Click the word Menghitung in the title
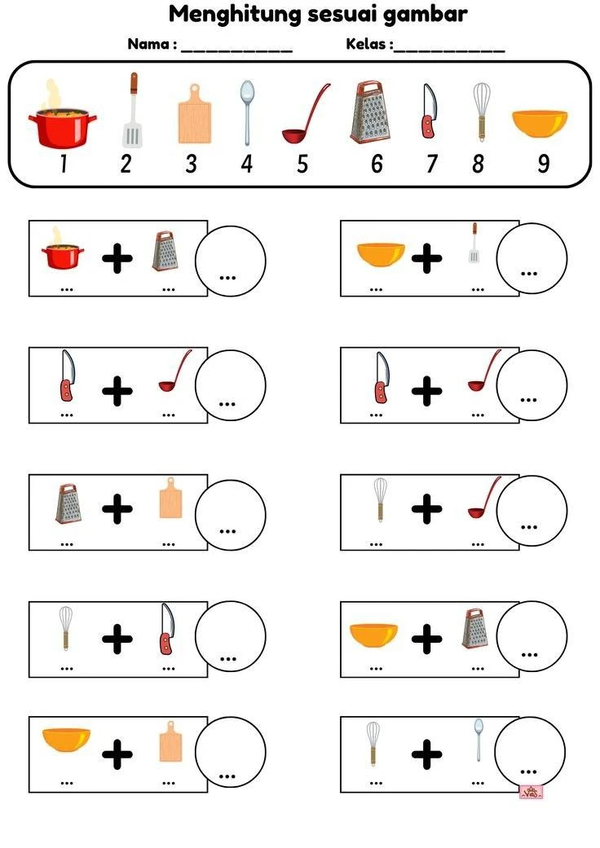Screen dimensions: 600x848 (235, 15)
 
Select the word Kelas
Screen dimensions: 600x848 (366, 44)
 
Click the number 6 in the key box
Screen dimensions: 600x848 (377, 164)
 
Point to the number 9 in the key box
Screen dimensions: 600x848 (543, 164)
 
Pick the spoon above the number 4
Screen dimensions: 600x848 (247, 112)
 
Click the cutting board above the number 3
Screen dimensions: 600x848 (194, 113)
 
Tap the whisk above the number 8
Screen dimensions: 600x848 (481, 112)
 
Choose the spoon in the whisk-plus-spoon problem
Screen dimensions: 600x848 (479, 740)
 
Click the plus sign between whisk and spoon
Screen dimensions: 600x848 (427, 754)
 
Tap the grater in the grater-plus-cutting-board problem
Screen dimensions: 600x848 (68, 503)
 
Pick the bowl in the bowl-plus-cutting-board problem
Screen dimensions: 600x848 (66, 740)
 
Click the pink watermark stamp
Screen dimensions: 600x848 (531, 793)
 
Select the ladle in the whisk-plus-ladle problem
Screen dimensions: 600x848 (484, 498)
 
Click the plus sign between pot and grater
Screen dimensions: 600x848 (117, 258)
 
